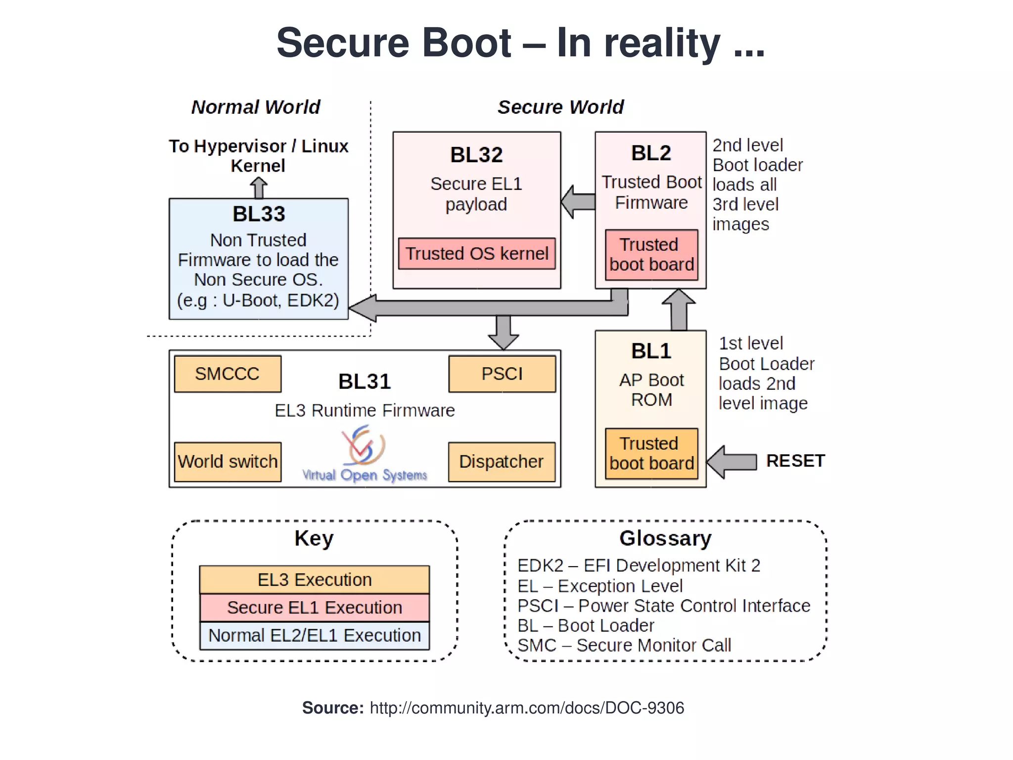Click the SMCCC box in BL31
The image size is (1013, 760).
228,374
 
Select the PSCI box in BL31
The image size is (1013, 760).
502,374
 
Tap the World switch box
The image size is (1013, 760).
228,462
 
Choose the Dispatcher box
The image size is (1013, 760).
502,462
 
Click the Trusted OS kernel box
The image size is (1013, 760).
477,254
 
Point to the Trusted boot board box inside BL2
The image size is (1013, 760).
651,255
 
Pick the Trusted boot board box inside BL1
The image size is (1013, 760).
651,454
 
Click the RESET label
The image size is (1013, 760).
795,461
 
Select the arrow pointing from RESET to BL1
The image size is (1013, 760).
731,462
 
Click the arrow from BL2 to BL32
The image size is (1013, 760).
578,202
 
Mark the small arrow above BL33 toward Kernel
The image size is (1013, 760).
258,188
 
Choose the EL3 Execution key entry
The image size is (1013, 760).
315,580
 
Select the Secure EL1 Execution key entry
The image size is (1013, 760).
315,608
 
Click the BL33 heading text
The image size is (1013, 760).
259,214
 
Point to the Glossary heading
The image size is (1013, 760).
665,538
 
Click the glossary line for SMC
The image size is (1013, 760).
624,646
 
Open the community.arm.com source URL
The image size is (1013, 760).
527,708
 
